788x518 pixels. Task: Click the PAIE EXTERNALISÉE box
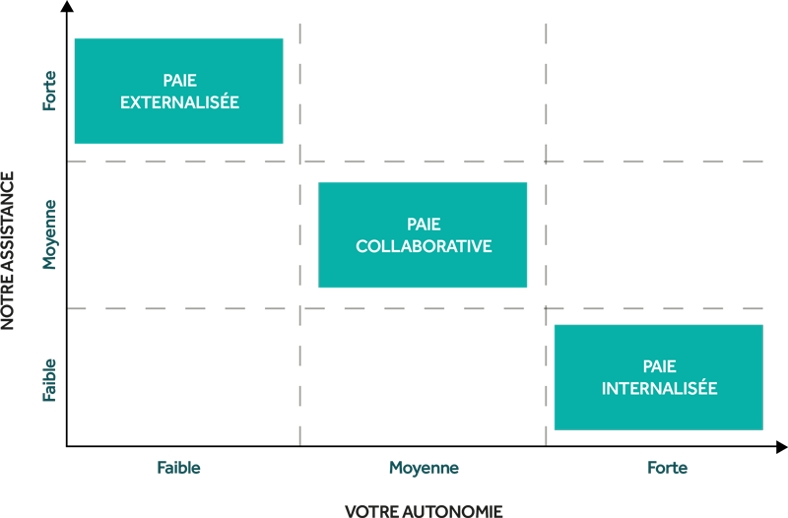point(179,91)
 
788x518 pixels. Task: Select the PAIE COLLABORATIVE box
point(423,234)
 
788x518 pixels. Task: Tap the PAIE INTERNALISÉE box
point(659,377)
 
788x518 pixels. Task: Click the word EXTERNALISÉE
point(179,102)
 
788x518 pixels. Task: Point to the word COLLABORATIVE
point(424,246)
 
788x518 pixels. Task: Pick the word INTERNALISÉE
point(659,388)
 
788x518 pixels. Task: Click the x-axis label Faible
point(178,468)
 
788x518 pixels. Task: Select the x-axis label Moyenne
point(424,468)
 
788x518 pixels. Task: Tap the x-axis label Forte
point(667,468)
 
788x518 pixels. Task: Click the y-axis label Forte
point(49,91)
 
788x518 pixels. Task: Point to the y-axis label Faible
point(48,380)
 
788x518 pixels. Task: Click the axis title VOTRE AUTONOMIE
point(424,511)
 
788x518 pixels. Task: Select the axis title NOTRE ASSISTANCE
point(8,251)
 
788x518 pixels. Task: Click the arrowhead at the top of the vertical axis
point(67,6)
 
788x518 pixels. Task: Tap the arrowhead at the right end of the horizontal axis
point(781,447)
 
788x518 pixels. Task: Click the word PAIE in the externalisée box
point(179,81)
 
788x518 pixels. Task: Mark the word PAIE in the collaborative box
point(424,225)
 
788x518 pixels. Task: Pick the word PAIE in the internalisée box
point(659,366)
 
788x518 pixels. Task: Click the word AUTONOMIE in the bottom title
point(452,511)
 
